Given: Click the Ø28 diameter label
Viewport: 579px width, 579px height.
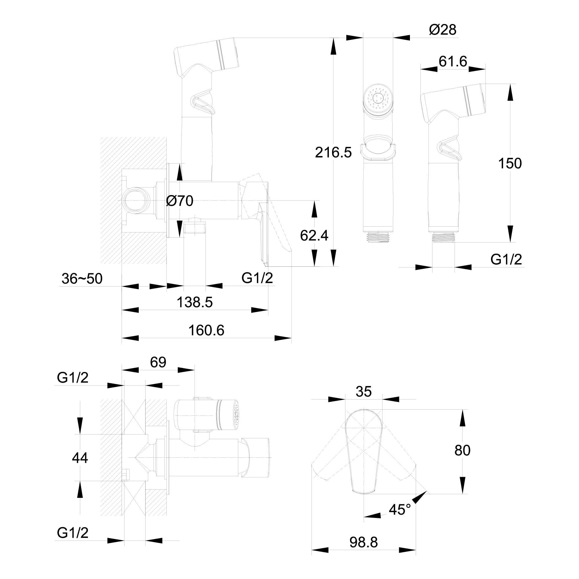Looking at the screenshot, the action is pos(443,30).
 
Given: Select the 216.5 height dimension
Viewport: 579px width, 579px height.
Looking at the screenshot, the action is pos(333,153).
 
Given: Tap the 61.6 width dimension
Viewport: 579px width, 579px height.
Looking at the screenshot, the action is pos(453,61).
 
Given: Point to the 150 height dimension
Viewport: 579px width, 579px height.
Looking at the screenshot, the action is pos(510,164).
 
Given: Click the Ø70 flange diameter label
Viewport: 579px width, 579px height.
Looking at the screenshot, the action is pos(179,201).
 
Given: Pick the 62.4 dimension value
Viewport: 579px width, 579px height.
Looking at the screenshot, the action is pos(314,236).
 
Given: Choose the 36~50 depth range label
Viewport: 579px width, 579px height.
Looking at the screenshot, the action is pos(82,279).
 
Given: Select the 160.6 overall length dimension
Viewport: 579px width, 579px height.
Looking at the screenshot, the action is pos(206,330).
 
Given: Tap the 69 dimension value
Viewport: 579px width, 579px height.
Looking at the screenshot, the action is pos(158,362).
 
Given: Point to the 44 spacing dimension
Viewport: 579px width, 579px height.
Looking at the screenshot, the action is pos(80,458).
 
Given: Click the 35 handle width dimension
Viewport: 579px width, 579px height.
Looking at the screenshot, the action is pos(364,391).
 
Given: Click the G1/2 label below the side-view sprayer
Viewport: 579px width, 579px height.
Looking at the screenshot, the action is pos(506,259).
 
